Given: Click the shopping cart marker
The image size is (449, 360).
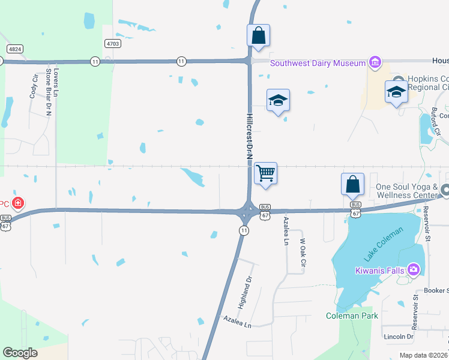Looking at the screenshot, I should coord(265,174).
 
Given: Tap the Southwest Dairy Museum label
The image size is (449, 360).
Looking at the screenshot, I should coord(318,63).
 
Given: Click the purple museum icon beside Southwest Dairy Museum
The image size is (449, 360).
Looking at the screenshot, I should coord(375,62).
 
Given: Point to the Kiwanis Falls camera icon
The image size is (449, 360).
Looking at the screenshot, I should coord(413,270).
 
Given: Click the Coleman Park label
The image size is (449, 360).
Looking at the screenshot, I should coord(352,316).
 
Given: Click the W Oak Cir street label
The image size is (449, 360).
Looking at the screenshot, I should coord(303,253).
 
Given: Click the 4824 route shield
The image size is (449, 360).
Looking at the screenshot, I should coord(15,48).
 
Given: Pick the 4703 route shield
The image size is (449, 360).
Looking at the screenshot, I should coord(112,43).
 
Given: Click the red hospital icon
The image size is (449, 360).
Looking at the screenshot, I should coord(19,203).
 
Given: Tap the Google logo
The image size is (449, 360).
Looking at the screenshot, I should coord(20,353).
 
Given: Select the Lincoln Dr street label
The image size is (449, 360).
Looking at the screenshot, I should coord(399,337).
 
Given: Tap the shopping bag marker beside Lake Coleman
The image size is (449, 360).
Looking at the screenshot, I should coord(353,184).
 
